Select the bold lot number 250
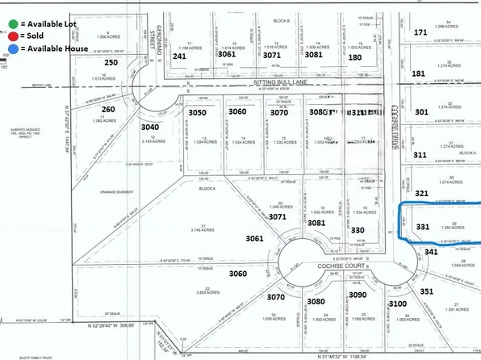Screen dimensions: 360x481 click(112, 62)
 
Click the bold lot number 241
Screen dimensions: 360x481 click(180, 57)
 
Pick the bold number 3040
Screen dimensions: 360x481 click(150, 127)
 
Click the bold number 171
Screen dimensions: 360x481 click(420, 32)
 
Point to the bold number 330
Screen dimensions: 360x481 click(358, 231)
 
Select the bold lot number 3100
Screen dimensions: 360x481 click(398, 303)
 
